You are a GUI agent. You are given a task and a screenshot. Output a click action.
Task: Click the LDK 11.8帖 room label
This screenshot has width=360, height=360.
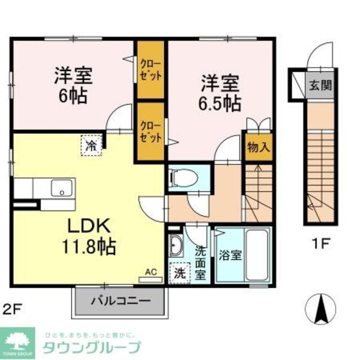pos(93,236)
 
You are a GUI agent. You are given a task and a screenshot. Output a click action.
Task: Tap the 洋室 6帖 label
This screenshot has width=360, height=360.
pos(73,84)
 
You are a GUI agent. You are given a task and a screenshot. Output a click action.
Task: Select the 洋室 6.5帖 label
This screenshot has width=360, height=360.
pos(221,93)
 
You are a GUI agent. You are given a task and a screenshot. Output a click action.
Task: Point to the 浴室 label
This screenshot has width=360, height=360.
pos(230,255)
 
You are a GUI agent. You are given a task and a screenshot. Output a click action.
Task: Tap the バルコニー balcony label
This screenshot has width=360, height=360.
pos(121,300)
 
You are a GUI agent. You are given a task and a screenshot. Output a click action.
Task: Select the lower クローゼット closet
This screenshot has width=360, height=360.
pos(151,130)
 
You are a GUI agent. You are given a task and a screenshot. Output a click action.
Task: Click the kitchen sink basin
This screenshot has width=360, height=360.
pos(61,188)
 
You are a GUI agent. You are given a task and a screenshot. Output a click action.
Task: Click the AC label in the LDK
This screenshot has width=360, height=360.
pos(150,272)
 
